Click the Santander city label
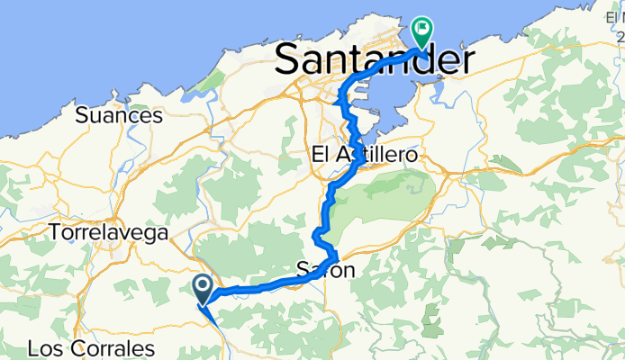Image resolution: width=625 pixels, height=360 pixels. (371, 62)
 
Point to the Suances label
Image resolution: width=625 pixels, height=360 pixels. (119, 115)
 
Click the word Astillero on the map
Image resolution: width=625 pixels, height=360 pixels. (377, 156)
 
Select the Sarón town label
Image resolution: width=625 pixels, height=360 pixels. (324, 269)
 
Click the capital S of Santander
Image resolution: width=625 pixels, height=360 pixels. (290, 62)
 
